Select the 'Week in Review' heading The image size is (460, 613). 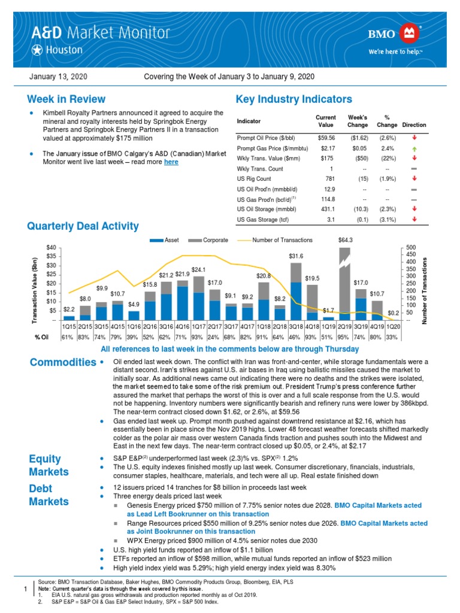click(x=66, y=99)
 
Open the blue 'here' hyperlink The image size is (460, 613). click(x=171, y=162)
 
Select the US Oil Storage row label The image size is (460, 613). click(x=262, y=209)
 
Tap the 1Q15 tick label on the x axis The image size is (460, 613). click(x=69, y=327)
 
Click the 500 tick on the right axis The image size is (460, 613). click(x=410, y=247)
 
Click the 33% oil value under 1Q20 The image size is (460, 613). click(x=393, y=338)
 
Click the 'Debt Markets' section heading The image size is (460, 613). click(x=49, y=494)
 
